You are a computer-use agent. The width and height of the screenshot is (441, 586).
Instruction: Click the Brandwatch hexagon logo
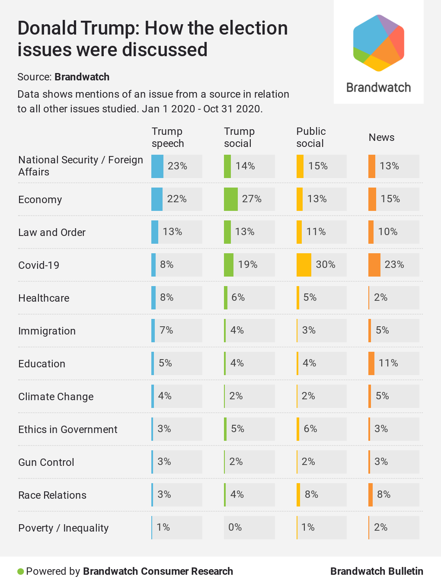pyautogui.click(x=379, y=43)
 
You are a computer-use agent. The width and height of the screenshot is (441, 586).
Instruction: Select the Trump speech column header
pyautogui.click(x=168, y=137)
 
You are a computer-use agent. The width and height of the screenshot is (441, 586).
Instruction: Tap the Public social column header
pyautogui.click(x=311, y=137)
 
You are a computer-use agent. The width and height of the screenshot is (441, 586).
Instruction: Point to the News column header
pyautogui.click(x=381, y=137)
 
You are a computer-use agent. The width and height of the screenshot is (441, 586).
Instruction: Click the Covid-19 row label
pyautogui.click(x=39, y=265)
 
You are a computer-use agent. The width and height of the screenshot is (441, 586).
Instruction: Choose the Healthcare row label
pyautogui.click(x=44, y=298)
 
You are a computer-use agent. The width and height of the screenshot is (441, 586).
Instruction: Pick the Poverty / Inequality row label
pyautogui.click(x=64, y=528)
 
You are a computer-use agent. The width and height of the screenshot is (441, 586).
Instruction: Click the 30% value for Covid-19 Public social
pyautogui.click(x=326, y=264)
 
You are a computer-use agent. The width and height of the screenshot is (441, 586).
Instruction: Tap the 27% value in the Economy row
pyautogui.click(x=252, y=199)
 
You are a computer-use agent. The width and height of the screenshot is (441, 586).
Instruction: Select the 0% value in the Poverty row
pyautogui.click(x=235, y=527)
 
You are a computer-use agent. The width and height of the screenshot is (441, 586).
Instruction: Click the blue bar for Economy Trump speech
pyautogui.click(x=157, y=199)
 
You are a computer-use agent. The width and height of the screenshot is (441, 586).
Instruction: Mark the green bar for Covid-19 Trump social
pyautogui.click(x=229, y=265)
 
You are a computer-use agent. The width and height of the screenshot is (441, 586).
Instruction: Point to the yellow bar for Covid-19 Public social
pyautogui.click(x=304, y=265)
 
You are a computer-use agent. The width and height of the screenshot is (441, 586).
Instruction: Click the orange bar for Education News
pyautogui.click(x=371, y=363)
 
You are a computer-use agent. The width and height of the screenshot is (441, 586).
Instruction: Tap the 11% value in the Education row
pyautogui.click(x=388, y=363)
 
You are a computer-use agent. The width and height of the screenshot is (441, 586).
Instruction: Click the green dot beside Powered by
pyautogui.click(x=20, y=572)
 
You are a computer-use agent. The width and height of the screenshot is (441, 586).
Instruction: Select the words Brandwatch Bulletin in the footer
pyautogui.click(x=377, y=571)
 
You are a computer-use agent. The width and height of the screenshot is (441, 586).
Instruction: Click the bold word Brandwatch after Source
pyautogui.click(x=82, y=77)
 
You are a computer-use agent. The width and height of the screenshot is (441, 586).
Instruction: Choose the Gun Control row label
pyautogui.click(x=46, y=462)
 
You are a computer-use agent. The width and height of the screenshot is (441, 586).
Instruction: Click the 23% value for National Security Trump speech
pyautogui.click(x=177, y=166)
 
